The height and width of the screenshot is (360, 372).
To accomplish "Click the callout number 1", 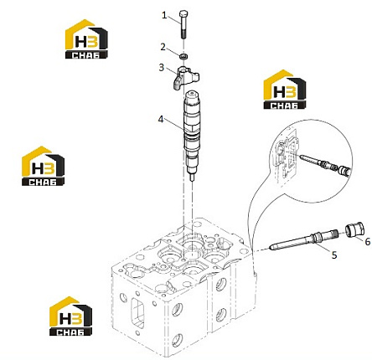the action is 164,15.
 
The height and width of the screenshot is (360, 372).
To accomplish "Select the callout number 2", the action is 163,47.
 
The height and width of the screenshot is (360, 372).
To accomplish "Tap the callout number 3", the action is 162,68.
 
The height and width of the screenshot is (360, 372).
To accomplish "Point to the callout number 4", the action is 161,120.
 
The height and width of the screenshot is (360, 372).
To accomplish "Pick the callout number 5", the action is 334,255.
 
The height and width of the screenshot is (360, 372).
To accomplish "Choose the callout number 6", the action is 368,242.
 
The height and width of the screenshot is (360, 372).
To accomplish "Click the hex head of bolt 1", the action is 183,14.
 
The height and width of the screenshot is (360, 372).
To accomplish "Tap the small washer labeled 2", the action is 183,57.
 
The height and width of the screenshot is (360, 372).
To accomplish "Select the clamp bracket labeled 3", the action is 186,79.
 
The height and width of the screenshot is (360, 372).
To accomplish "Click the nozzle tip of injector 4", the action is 192,177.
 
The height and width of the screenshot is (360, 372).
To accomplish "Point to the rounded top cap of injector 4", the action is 193,95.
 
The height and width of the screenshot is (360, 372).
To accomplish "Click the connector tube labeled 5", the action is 303,241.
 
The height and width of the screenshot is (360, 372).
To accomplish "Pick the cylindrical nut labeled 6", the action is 354,229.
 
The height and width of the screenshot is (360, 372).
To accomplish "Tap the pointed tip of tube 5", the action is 270,247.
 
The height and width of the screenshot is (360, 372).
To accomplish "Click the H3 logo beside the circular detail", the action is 285,90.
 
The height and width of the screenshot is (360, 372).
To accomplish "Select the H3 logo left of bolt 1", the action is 86,39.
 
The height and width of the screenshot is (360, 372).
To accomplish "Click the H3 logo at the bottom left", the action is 70,316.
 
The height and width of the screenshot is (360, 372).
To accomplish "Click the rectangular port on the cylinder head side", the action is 137,313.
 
